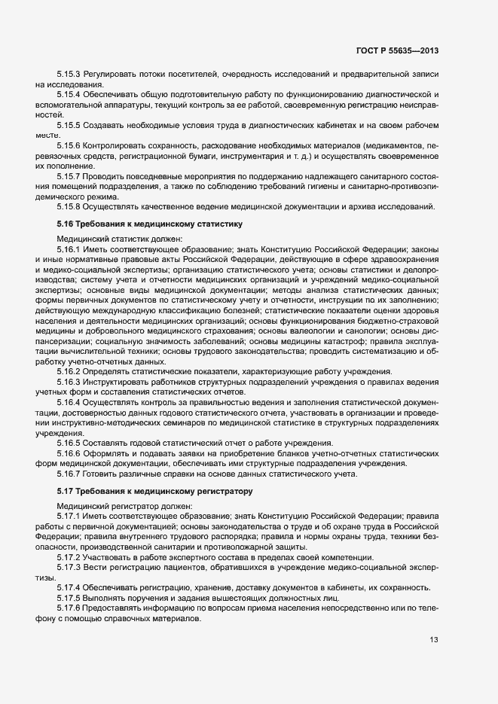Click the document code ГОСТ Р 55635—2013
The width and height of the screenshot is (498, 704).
[x=397, y=50]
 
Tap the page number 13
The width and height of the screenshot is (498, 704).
[x=434, y=641]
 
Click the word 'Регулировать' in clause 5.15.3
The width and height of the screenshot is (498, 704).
[x=110, y=75]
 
